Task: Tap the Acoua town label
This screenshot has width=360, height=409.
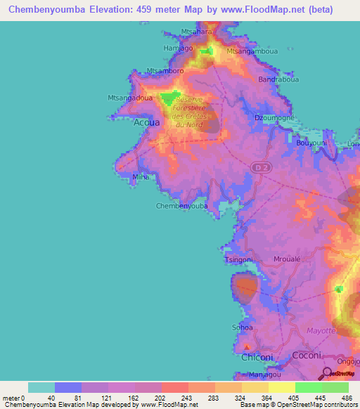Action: tap(146, 122)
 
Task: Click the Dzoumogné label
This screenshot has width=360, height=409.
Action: tap(274, 118)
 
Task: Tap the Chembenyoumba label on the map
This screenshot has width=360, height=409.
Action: tap(181, 206)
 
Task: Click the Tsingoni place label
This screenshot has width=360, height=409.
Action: tap(238, 260)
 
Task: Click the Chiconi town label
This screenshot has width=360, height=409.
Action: tap(257, 357)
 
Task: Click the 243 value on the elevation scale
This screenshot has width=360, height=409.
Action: tap(174, 398)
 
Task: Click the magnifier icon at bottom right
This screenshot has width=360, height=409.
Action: tap(327, 374)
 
